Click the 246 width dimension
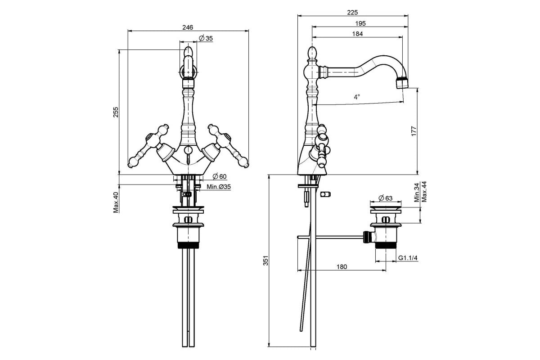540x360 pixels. (188, 27)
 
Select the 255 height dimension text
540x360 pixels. (116, 112)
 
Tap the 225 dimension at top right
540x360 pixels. (352, 12)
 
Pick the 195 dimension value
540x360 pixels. (360, 23)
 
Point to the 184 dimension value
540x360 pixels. (357, 34)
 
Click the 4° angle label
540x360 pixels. (357, 97)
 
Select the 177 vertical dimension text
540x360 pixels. (414, 131)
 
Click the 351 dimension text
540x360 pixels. (265, 261)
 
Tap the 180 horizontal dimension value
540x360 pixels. (342, 267)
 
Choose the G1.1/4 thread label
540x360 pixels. (408, 258)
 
